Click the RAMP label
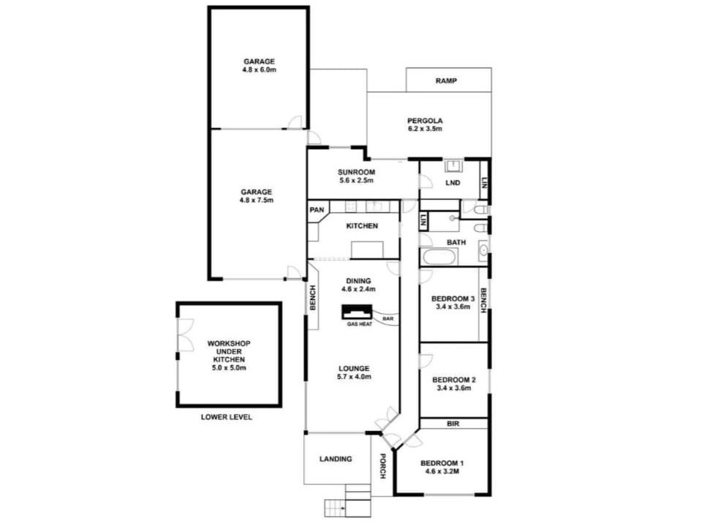pyautogui.click(x=446, y=81)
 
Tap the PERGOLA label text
pyautogui.click(x=425, y=121)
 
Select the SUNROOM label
pyautogui.click(x=356, y=172)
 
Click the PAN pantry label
pyautogui.click(x=317, y=210)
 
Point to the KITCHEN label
pyautogui.click(x=362, y=226)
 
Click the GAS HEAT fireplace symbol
pyautogui.click(x=357, y=312)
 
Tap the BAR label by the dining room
pyautogui.click(x=388, y=318)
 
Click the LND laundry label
pyautogui.click(x=453, y=183)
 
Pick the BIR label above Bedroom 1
pyautogui.click(x=453, y=424)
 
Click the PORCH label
pyautogui.click(x=382, y=466)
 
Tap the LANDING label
pyautogui.click(x=336, y=459)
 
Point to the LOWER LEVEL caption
pyautogui.click(x=226, y=417)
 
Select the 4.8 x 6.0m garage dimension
pyautogui.click(x=259, y=70)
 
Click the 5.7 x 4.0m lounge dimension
pyautogui.click(x=354, y=376)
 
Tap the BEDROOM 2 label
pyautogui.click(x=454, y=380)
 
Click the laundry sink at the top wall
pyautogui.click(x=453, y=165)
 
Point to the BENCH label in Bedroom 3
pyautogui.click(x=483, y=301)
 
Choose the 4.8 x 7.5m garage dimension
pyautogui.click(x=256, y=201)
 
